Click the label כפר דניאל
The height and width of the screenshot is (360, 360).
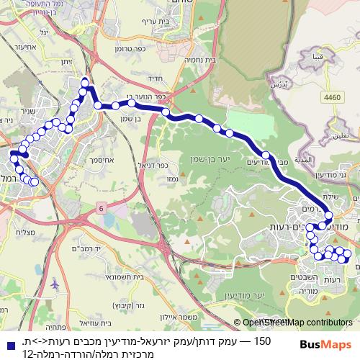pos(160,163)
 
